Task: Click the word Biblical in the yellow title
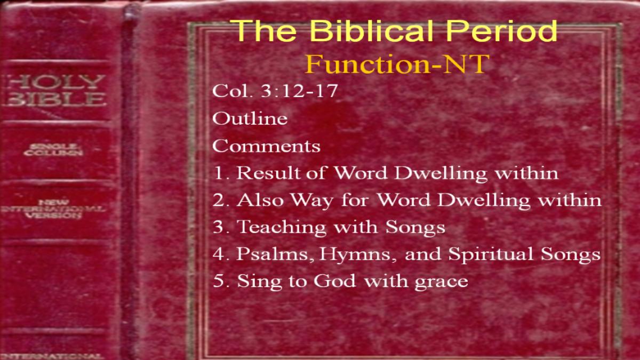coord(371,30)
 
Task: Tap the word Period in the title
coord(502,30)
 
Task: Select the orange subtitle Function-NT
coord(397,64)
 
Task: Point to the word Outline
coord(250,118)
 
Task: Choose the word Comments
coord(266,146)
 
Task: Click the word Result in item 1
coord(269,173)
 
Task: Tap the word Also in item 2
coord(260,199)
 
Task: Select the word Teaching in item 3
coord(282,227)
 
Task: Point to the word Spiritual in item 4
coord(491,254)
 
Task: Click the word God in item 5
coord(335,281)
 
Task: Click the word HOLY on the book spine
coord(55,82)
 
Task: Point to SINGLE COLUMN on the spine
coord(53,150)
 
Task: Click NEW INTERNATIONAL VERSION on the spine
coord(53,209)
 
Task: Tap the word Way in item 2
coord(312,200)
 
